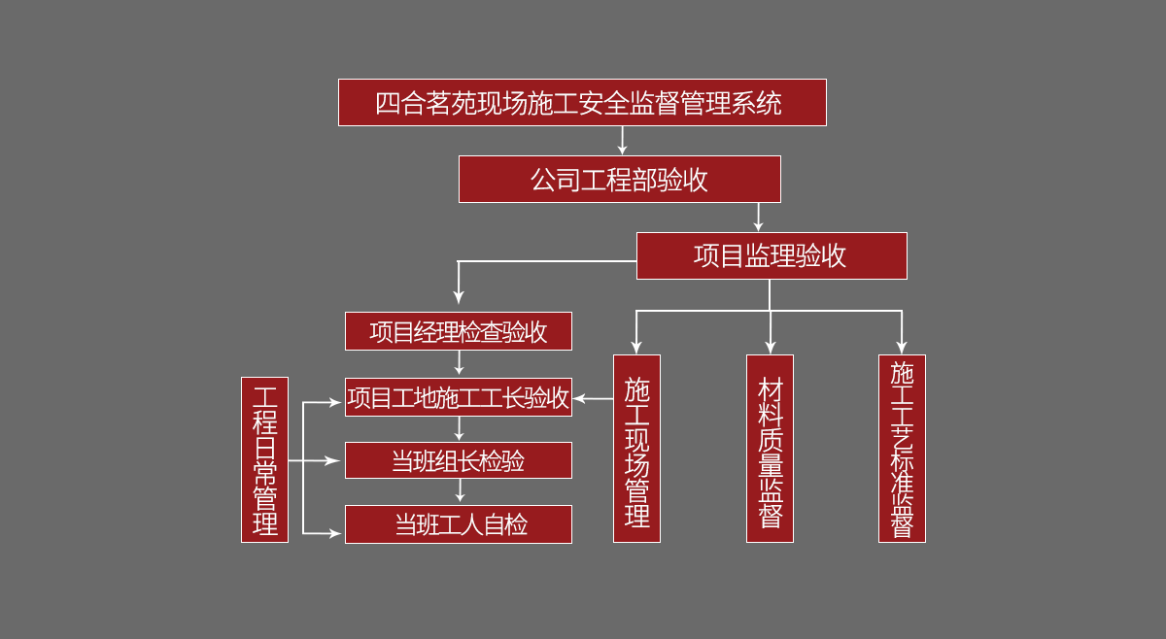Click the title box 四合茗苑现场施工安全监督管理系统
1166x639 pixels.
pyautogui.click(x=582, y=102)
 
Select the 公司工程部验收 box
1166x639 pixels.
pyautogui.click(x=619, y=179)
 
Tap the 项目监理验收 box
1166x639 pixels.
pyautogui.click(x=772, y=255)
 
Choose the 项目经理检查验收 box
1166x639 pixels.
pyautogui.click(x=459, y=331)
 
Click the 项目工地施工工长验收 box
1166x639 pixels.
pyautogui.click(x=459, y=397)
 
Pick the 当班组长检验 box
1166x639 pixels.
pyautogui.click(x=459, y=460)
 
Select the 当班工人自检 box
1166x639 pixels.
pyautogui.click(x=459, y=524)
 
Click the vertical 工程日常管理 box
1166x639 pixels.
pyautogui.click(x=264, y=459)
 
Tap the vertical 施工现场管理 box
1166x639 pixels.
pyautogui.click(x=636, y=449)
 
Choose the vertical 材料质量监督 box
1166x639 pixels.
pyautogui.click(x=770, y=449)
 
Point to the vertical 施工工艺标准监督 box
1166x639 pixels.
pyautogui.click(x=902, y=449)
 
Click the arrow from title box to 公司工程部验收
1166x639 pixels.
pyautogui.click(x=622, y=141)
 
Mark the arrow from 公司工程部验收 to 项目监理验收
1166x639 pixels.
pyautogui.click(x=758, y=218)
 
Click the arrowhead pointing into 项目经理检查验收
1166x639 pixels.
pyautogui.click(x=459, y=297)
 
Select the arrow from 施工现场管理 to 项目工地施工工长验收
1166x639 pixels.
pyautogui.click(x=592, y=398)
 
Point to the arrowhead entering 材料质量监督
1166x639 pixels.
pyautogui.click(x=770, y=347)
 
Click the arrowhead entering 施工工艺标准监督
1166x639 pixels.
pyautogui.click(x=902, y=347)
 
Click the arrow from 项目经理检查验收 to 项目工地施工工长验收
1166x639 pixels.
pyautogui.click(x=459, y=363)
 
